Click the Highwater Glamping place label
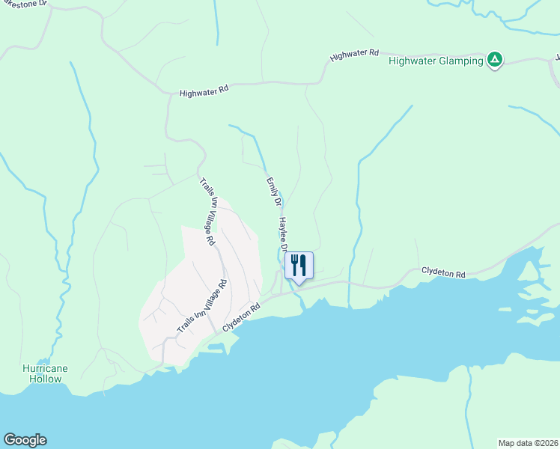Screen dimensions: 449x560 pyautogui.click(x=436, y=61)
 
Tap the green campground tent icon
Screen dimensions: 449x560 pyautogui.click(x=494, y=60)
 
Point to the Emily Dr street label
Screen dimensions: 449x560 pyautogui.click(x=273, y=192)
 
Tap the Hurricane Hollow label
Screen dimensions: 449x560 pyautogui.click(x=45, y=373)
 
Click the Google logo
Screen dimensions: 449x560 pyautogui.click(x=25, y=440)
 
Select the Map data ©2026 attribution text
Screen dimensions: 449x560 pyautogui.click(x=528, y=442)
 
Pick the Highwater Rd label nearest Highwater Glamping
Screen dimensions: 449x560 pyautogui.click(x=354, y=55)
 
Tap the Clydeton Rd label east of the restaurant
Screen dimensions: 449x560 pyautogui.click(x=443, y=273)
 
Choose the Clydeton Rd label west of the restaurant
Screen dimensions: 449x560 pyautogui.click(x=241, y=318)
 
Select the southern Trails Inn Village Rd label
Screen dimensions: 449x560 pyautogui.click(x=201, y=308)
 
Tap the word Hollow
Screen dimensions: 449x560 pyautogui.click(x=45, y=379)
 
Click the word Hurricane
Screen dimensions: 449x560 pyautogui.click(x=45, y=368)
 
